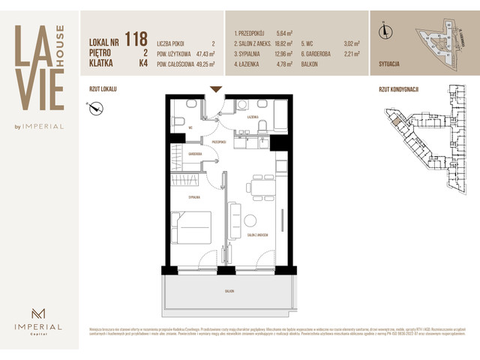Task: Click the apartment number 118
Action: [x=136, y=39]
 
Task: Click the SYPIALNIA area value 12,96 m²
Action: [x=286, y=54]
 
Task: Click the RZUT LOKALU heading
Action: [x=103, y=88]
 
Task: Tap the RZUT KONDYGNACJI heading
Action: [x=398, y=88]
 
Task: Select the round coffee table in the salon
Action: [x=250, y=221]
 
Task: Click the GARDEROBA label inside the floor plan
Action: [x=196, y=154]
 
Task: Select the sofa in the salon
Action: [x=234, y=219]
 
